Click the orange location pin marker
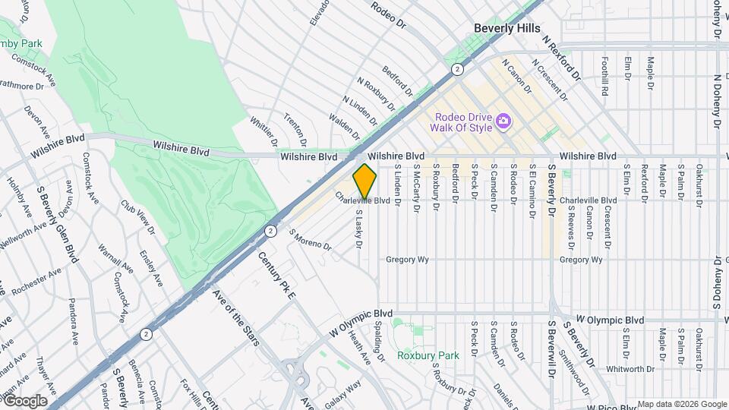364,181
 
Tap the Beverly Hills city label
505,27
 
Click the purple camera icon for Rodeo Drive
502,121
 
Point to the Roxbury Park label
428,355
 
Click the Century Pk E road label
276,276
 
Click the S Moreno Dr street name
310,240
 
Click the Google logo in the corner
25,401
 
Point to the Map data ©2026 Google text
681,404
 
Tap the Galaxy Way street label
343,392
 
